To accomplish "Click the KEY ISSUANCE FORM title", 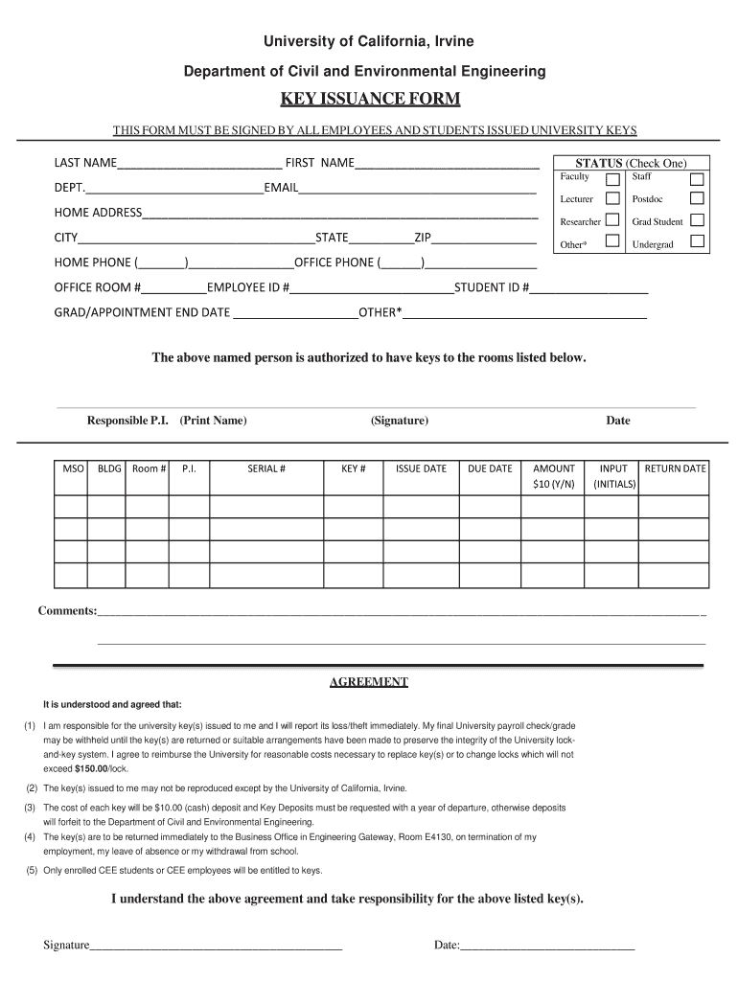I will (x=369, y=100).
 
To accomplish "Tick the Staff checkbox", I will (x=697, y=179).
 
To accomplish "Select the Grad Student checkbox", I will (x=697, y=220).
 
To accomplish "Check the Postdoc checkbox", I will (x=697, y=198).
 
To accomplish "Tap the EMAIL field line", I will (x=418, y=189).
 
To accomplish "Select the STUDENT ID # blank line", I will (x=589, y=288).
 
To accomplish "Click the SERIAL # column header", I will (x=266, y=468).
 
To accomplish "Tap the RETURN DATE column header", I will (x=675, y=468).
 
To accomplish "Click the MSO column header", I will (x=74, y=468).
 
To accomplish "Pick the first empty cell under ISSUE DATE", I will (x=421, y=506).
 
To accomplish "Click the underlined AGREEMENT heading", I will (x=369, y=682).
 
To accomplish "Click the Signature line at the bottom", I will (x=216, y=947).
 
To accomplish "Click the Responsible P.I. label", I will (x=128, y=421).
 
